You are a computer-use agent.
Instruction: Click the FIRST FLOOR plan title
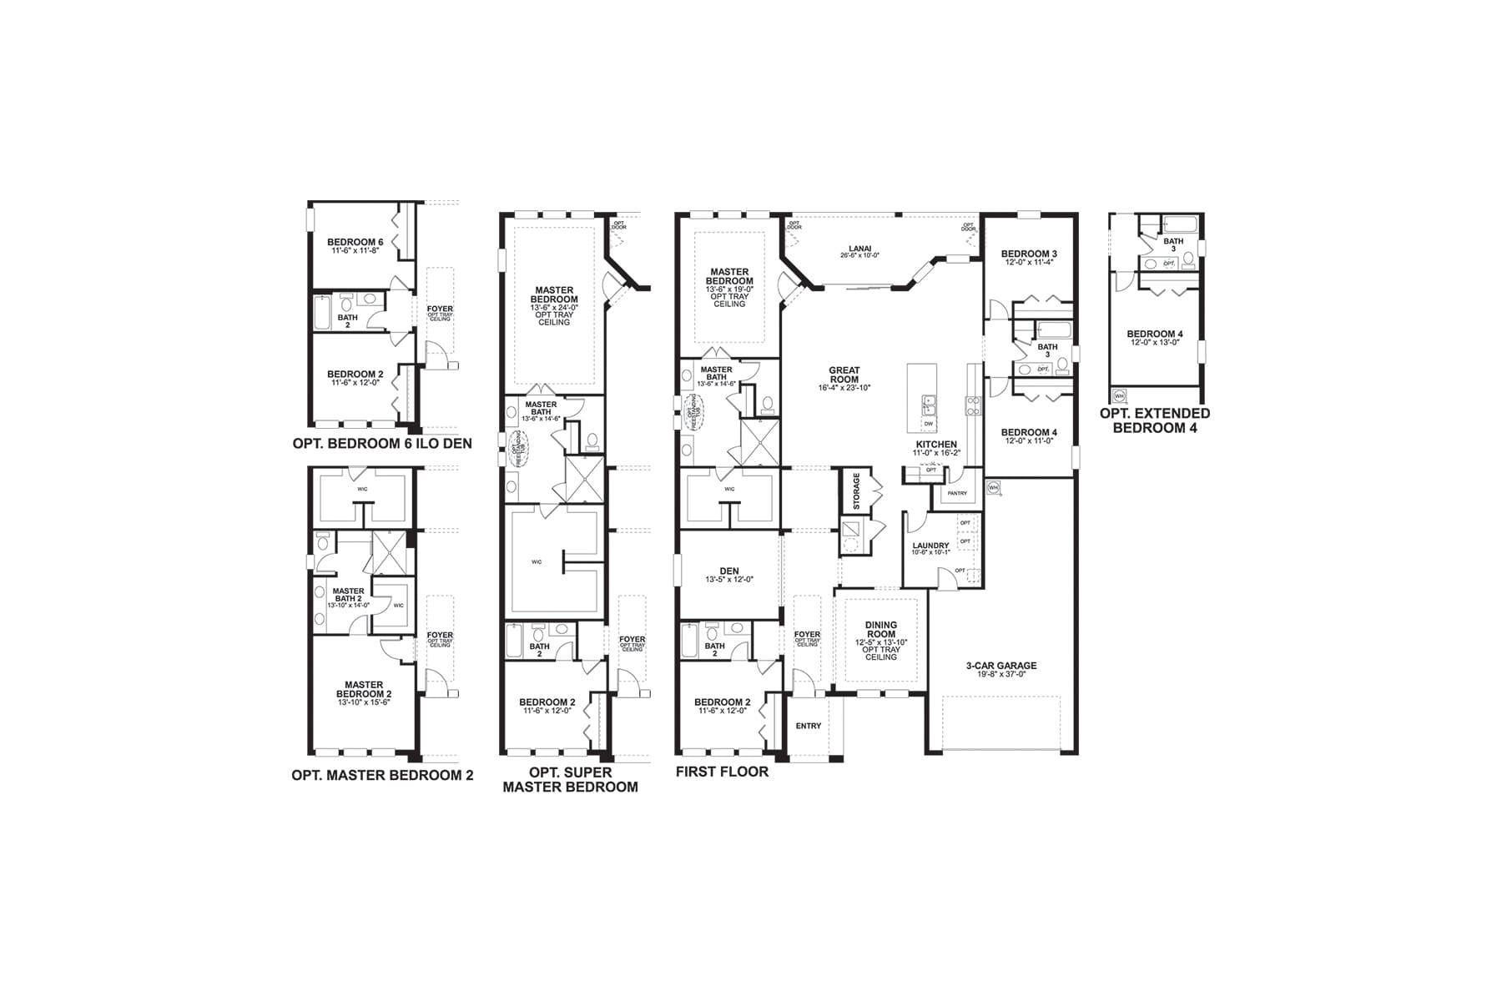point(722,772)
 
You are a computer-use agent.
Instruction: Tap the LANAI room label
point(859,248)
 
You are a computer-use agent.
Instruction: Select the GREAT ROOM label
point(844,375)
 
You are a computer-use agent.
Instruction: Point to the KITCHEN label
point(936,445)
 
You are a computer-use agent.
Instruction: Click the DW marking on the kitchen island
point(928,424)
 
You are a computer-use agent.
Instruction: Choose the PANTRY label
point(957,493)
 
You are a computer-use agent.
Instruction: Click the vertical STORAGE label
point(856,491)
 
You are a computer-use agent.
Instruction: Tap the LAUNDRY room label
point(930,546)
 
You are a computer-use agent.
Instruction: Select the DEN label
point(728,571)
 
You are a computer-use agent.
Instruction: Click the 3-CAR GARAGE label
point(1001,666)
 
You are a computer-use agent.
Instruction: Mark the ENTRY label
point(808,726)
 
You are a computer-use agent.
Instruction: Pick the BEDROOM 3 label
point(1029,254)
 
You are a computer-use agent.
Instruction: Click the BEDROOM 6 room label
point(355,242)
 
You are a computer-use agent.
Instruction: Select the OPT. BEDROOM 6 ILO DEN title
point(382,444)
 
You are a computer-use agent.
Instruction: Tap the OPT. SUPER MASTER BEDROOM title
point(570,779)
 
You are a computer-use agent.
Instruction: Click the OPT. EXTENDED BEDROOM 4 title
point(1154,420)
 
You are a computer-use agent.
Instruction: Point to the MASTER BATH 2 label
point(348,595)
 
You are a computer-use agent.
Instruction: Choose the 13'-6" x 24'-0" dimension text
point(553,307)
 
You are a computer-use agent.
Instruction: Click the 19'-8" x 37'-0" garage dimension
point(1001,674)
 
